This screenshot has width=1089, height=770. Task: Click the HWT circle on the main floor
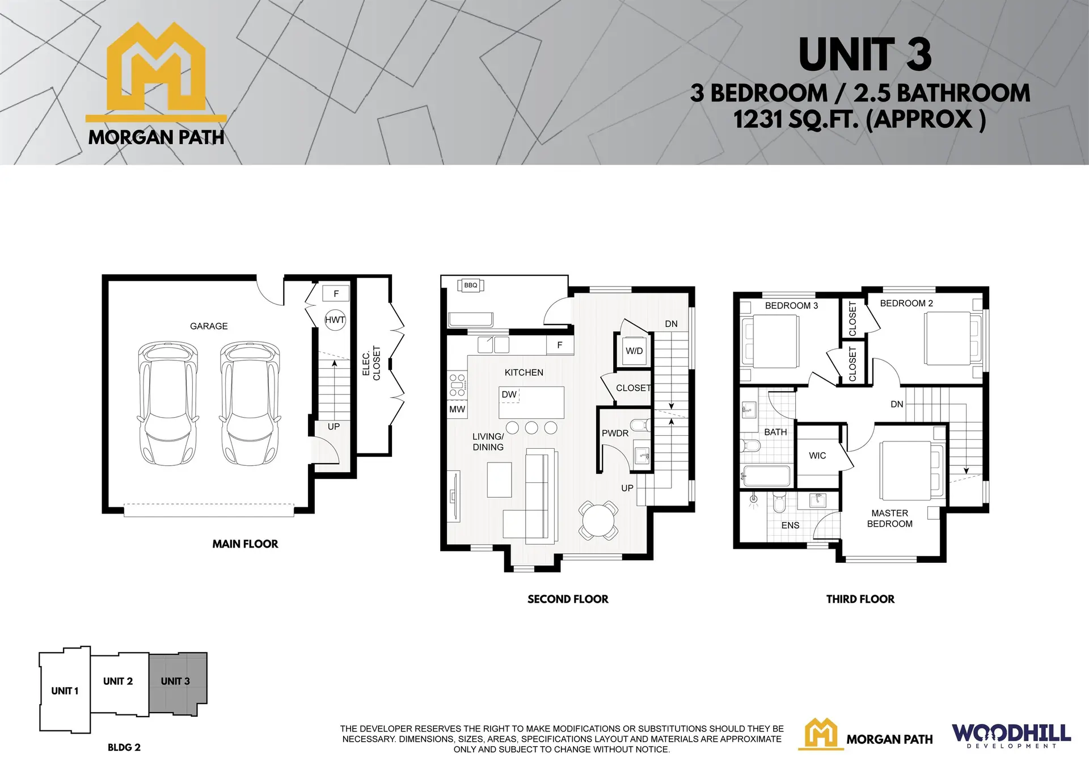pos(335,320)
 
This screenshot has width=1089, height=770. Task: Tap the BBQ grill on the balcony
pos(471,285)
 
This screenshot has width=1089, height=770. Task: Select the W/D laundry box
pos(634,351)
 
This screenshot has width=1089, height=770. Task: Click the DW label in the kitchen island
pos(509,394)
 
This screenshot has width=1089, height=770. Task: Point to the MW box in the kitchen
pos(457,409)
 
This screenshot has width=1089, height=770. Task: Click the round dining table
pos(598,520)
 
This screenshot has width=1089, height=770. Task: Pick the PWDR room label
pos(615,433)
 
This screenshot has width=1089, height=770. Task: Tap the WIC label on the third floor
pos(817,456)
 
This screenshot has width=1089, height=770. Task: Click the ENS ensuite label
pos(790,525)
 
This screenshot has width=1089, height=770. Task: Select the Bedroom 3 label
pos(791,305)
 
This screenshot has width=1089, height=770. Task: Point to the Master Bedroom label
pos(890,518)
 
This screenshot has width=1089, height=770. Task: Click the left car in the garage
pos(168,403)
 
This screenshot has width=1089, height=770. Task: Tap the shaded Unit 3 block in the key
pos(178,681)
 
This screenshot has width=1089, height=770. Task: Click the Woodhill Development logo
pos(1011,736)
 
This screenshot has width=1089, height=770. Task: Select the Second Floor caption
pos(568,599)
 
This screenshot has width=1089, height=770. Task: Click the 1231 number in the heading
pos(754,120)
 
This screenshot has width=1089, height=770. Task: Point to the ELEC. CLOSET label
pos(372,363)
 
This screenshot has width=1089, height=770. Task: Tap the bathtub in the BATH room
pos(766,476)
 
